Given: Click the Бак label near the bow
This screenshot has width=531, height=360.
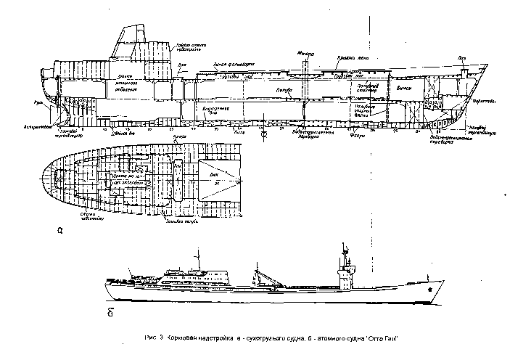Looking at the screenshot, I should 462,57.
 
